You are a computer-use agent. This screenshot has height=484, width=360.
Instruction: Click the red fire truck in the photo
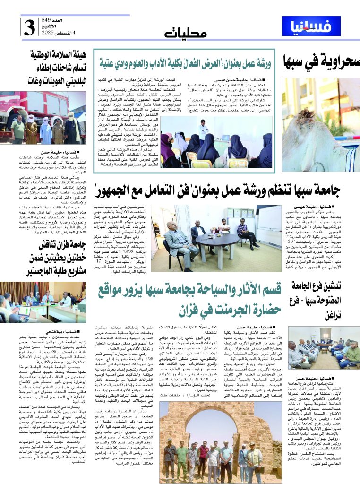coord(28,109)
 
